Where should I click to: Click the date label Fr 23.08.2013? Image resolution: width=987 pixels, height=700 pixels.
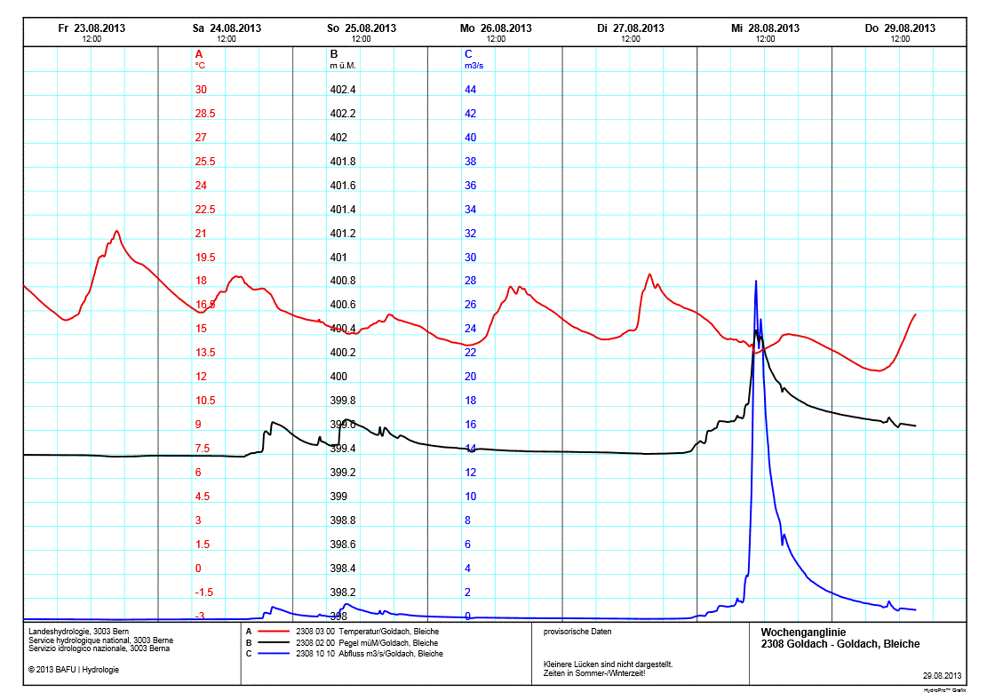92,28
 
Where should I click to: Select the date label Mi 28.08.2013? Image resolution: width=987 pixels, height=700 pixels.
765,28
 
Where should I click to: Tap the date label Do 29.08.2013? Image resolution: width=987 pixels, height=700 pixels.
900,28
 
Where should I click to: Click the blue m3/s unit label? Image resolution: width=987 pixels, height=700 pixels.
474,66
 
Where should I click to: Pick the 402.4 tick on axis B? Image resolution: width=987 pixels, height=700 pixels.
342,90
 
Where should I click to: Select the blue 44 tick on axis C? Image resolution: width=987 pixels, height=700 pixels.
471,90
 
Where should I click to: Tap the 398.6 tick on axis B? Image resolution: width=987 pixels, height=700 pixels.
342,545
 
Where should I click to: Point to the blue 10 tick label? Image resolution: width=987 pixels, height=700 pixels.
471,497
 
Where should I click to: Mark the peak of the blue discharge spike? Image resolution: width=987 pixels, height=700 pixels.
756,281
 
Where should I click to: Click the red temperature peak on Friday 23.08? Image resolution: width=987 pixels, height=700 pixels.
116,231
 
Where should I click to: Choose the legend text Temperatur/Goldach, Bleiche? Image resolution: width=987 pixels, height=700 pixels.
386,632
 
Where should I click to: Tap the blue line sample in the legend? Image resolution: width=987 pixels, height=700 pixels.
274,653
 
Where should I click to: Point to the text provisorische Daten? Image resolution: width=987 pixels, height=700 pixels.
577,632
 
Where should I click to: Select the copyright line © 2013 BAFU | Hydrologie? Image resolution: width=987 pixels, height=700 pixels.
73,669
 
